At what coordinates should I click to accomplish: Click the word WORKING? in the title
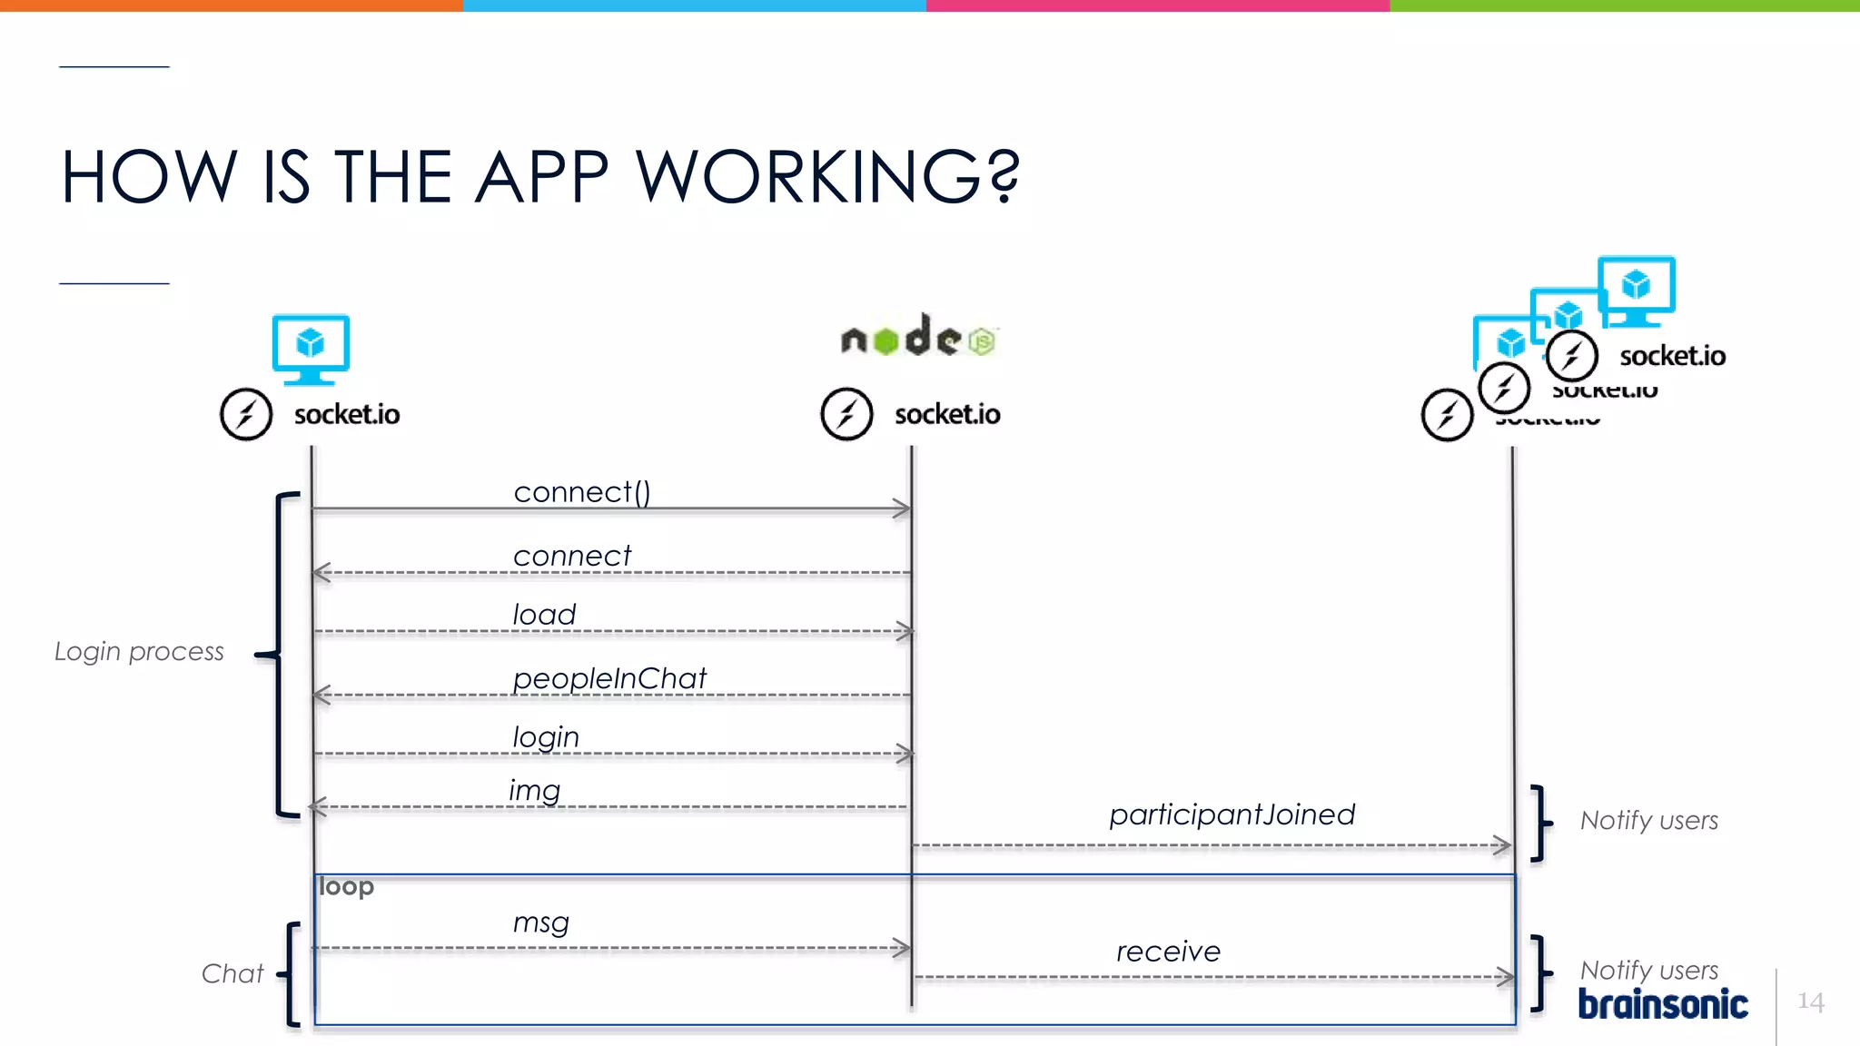pos(827,176)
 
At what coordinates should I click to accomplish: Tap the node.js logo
pos(918,337)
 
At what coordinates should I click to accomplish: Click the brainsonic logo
pos(1662,1004)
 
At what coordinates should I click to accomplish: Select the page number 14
pos(1810,1002)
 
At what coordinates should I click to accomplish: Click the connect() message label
pos(582,492)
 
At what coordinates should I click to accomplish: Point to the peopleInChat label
pos(609,678)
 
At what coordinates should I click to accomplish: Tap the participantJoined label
pos(1232,814)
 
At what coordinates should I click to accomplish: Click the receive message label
pos(1168,952)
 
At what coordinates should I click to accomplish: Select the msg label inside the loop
pos(540,923)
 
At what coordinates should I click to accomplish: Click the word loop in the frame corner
pos(346,886)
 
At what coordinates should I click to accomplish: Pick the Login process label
pos(139,651)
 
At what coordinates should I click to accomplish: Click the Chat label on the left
pos(232,973)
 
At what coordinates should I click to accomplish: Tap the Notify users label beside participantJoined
pos(1649,821)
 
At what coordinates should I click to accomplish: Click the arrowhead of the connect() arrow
pos(902,508)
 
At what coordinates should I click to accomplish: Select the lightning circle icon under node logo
pos(846,414)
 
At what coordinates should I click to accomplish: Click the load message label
pos(544,615)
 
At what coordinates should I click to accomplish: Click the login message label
pos(546,736)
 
